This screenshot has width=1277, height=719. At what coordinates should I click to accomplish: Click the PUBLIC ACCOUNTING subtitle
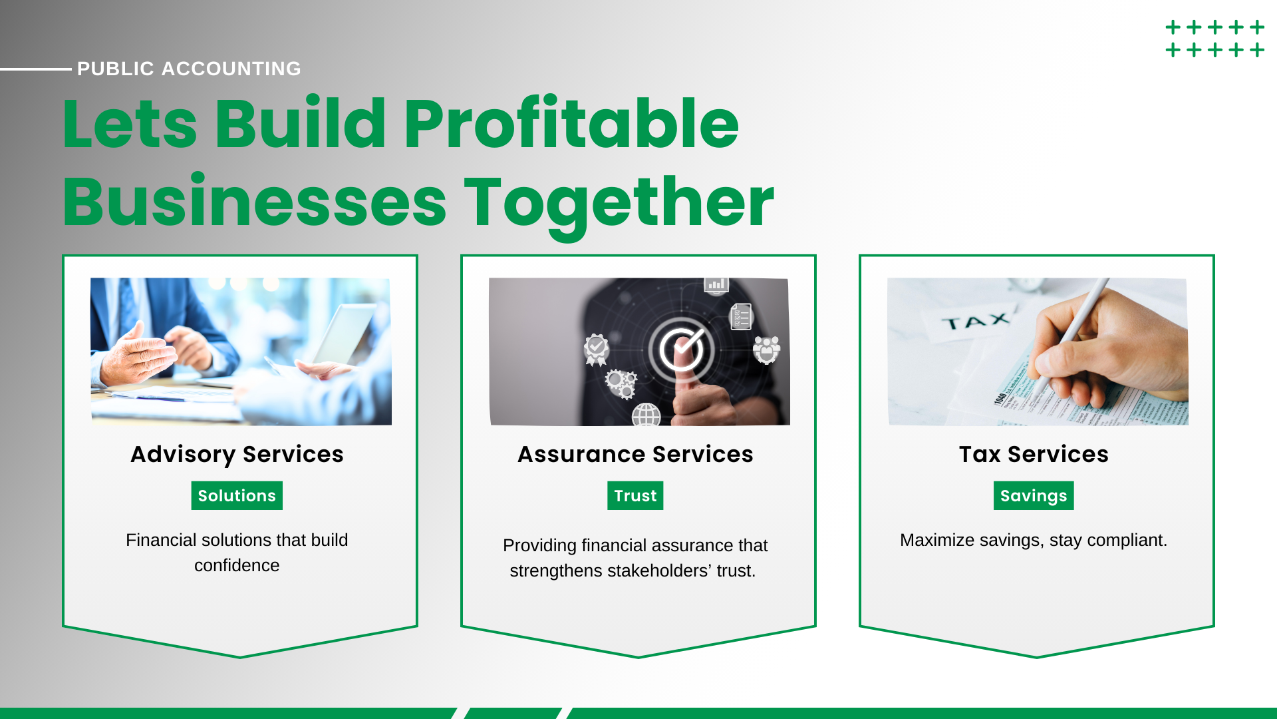(x=189, y=69)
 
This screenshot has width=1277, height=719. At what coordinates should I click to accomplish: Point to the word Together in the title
(x=619, y=203)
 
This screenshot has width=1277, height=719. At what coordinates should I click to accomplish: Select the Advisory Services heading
(x=237, y=454)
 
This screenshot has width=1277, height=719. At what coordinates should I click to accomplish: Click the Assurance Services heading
(x=635, y=454)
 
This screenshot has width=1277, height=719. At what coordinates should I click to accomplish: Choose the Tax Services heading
(x=1034, y=454)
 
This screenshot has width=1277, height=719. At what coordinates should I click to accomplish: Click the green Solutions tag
(x=237, y=495)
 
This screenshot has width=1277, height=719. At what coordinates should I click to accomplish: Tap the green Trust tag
(x=635, y=495)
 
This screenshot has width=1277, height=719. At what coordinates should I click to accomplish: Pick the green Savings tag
(x=1034, y=495)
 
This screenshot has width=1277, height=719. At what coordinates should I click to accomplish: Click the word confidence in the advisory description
(x=237, y=565)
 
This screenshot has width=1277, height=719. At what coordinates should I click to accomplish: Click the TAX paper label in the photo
(x=975, y=322)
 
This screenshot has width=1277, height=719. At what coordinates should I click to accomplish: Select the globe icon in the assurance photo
(x=646, y=415)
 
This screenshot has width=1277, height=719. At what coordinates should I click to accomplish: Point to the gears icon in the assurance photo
(x=621, y=383)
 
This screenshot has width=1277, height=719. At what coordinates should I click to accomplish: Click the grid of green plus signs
(x=1215, y=39)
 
